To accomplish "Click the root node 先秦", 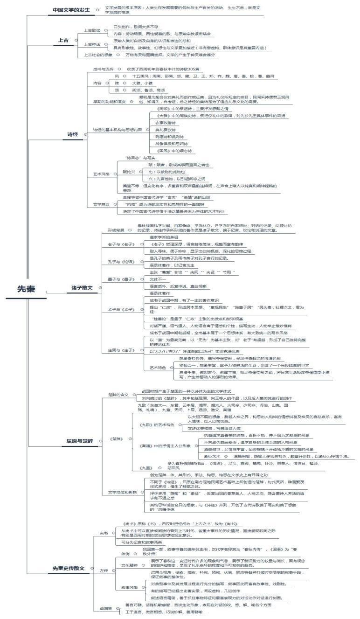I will [x=26, y=289].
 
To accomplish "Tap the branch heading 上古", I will [x=63, y=41].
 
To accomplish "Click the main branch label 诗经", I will [x=72, y=134].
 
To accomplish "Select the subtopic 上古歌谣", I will [x=92, y=31].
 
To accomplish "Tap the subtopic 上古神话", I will [x=92, y=44].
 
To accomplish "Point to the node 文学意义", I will [x=101, y=204].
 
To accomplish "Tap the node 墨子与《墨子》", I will [x=121, y=279].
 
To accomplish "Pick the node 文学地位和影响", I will [x=122, y=492].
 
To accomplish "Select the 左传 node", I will [x=104, y=570].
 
